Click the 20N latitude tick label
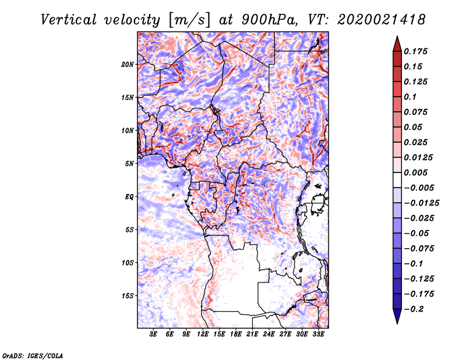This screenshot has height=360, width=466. pyautogui.click(x=127, y=64)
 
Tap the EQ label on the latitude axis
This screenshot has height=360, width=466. pyautogui.click(x=129, y=197)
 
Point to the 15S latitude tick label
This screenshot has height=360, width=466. pyautogui.click(x=128, y=296)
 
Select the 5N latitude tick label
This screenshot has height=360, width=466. pyautogui.click(x=129, y=164)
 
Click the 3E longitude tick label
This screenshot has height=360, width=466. pyautogui.click(x=153, y=334)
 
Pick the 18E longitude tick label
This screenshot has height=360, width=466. pyautogui.click(x=236, y=334)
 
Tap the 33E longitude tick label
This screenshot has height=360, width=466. pyautogui.click(x=318, y=334)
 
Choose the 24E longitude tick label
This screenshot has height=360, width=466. pyautogui.click(x=269, y=334)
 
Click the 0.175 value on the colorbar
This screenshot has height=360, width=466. pyautogui.click(x=415, y=51)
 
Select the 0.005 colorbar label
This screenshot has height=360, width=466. pyautogui.click(x=415, y=172)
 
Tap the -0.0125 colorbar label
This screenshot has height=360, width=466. pyautogui.click(x=421, y=203)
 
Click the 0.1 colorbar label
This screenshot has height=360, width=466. pyautogui.click(x=410, y=97)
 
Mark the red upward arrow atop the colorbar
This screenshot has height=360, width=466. pyautogui.click(x=397, y=44)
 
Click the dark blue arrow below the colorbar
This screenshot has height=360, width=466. pyautogui.click(x=397, y=316)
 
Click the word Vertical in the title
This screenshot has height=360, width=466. pyautogui.click(x=69, y=20)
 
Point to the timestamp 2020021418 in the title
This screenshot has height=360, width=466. pyautogui.click(x=382, y=20)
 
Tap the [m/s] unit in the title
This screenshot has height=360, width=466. pyautogui.click(x=189, y=20)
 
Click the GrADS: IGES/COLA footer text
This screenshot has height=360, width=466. pyautogui.click(x=33, y=355)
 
